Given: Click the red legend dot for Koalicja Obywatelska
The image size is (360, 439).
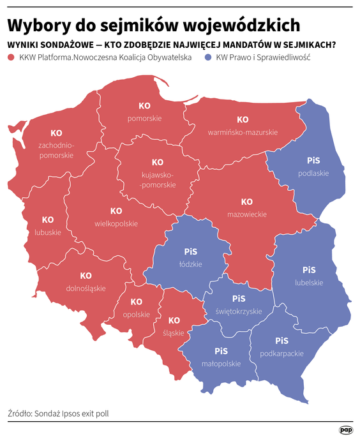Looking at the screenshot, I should click(x=11, y=58).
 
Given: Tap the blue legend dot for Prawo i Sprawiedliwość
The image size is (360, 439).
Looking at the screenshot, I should click(x=209, y=58).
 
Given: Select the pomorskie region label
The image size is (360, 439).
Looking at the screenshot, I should click(x=145, y=118).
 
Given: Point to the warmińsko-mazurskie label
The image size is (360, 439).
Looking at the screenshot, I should click(x=243, y=132).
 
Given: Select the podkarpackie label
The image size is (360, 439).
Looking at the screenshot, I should click(x=281, y=353).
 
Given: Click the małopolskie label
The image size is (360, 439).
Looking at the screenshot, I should click(x=221, y=364).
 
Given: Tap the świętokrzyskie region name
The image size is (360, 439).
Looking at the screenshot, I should click(x=239, y=311).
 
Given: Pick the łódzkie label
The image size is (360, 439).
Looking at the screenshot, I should click(x=190, y=263).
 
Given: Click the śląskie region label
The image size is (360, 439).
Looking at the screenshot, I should click(x=174, y=332).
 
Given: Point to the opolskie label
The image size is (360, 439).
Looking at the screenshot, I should click(x=136, y=314).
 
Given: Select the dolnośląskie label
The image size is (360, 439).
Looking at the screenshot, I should click(x=86, y=288).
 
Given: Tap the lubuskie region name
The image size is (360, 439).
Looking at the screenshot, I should click(x=48, y=232).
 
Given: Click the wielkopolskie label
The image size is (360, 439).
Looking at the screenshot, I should click(x=116, y=223).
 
